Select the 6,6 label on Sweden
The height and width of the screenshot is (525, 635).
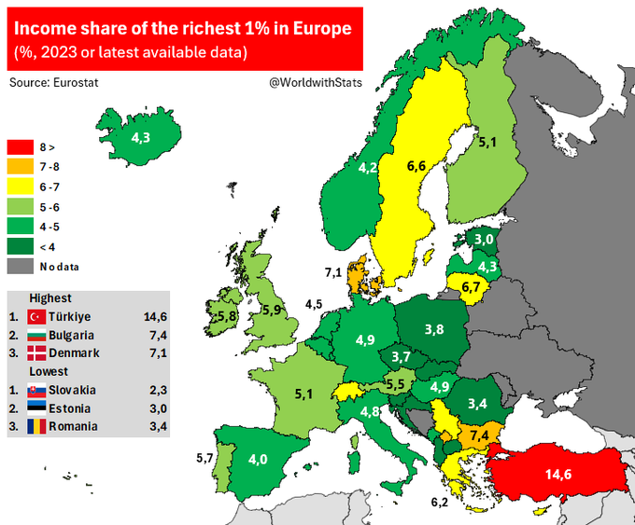(416, 167)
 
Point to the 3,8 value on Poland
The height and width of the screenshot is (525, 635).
(434, 329)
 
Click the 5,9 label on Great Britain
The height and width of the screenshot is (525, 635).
(272, 310)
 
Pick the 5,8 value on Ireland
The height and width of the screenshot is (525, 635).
(226, 318)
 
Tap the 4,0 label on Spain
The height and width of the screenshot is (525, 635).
(259, 459)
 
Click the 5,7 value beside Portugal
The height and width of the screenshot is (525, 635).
(204, 457)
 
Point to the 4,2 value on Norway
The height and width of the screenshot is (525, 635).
(368, 169)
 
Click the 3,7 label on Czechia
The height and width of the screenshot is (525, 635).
(401, 358)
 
